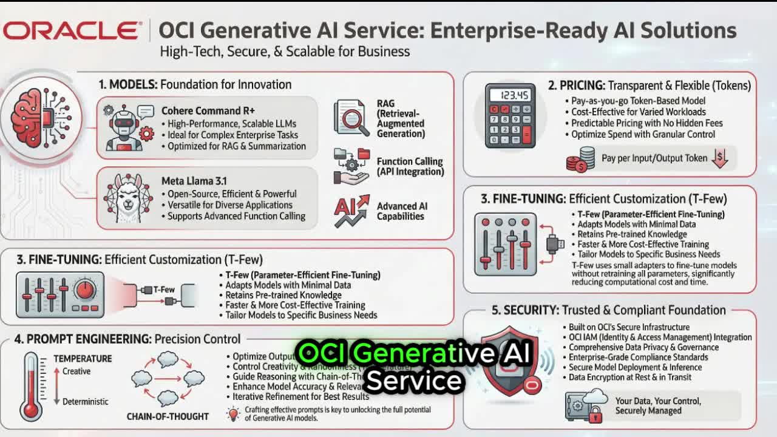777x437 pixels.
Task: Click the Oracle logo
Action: [x=72, y=31]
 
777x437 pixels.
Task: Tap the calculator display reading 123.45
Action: [x=509, y=96]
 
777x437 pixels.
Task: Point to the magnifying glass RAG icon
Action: [x=351, y=118]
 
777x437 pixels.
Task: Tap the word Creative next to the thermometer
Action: [x=76, y=371]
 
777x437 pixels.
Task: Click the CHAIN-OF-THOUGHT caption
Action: [x=168, y=416]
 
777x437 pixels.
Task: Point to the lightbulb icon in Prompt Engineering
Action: [x=233, y=414]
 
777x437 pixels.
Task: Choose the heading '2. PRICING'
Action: [x=576, y=86]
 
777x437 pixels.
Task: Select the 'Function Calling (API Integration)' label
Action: [x=410, y=166]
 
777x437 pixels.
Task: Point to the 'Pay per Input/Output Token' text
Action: [x=654, y=158]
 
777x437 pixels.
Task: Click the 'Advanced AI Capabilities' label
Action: [x=402, y=211]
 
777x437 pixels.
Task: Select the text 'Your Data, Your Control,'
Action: [x=658, y=401]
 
